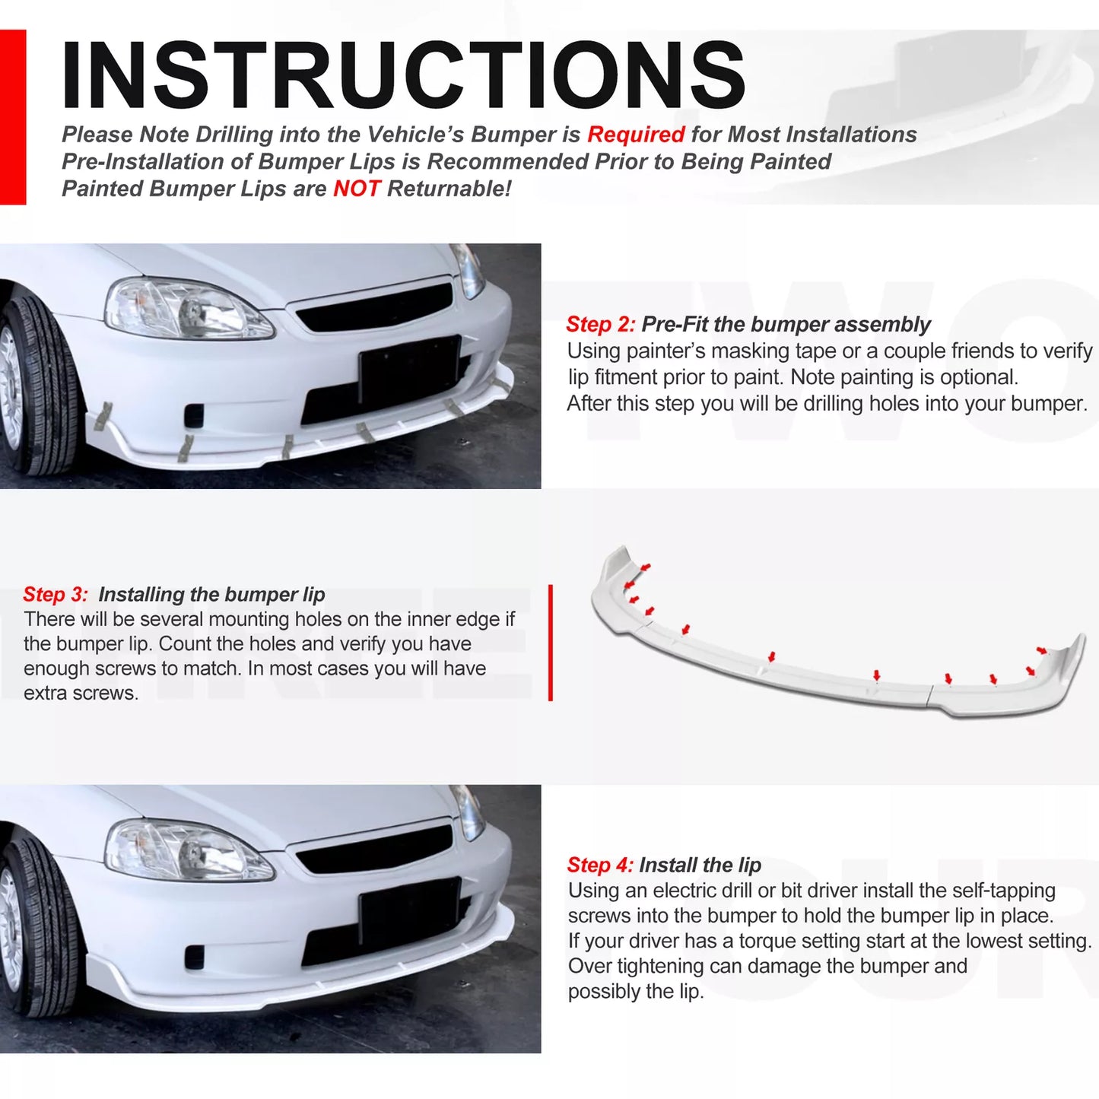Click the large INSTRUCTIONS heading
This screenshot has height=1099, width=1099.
pos(403,75)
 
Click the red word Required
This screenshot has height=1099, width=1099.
pos(636,135)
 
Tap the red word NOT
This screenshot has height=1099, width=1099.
pos(356,189)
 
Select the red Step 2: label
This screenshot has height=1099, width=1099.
pos(600,325)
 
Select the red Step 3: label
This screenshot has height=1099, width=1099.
pos(56,594)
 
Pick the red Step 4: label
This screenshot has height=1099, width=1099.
pos(599,865)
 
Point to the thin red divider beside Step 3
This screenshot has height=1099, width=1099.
pos(550,643)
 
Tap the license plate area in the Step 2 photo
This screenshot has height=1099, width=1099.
pos(408,370)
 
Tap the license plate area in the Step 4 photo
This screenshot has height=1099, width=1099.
pos(408,912)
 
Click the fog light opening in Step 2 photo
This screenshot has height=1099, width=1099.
pos(194,415)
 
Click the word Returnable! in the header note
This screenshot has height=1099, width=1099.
pos(449,189)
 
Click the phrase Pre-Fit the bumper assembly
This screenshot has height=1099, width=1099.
pos(785,325)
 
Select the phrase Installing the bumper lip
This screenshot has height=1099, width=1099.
pos(211,594)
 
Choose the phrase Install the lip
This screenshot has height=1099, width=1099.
pos(700,865)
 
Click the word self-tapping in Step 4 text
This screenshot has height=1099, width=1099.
pos(1003,891)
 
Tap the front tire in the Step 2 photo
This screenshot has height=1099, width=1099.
pos(38,388)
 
